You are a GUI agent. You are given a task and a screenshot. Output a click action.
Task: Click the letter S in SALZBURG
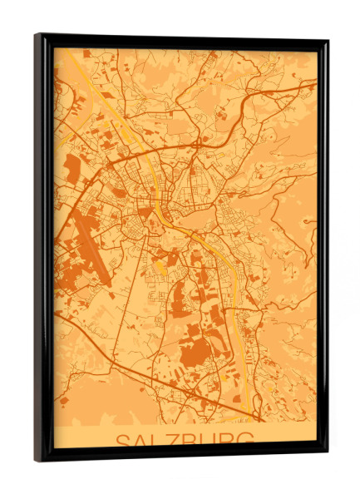tap(122, 441)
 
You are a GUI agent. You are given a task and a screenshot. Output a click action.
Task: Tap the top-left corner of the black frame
tap(36, 35)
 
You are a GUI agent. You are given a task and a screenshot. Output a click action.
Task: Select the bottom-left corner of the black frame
tap(36, 460)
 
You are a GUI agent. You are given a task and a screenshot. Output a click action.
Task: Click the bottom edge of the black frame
tap(183, 455)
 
